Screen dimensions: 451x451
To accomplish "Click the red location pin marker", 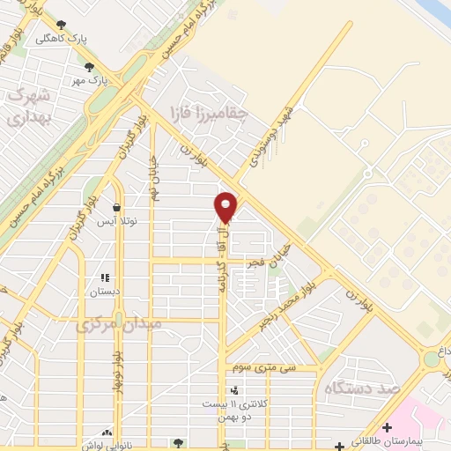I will [x=226, y=207].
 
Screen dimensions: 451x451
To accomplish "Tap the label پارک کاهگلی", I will [x=61, y=39].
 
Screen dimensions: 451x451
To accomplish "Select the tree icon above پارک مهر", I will [x=89, y=66].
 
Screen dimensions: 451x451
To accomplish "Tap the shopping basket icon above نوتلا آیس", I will [x=117, y=208].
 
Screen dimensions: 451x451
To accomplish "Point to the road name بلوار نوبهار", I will [x=115, y=370].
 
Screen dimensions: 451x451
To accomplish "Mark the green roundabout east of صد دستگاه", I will [x=432, y=359].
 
